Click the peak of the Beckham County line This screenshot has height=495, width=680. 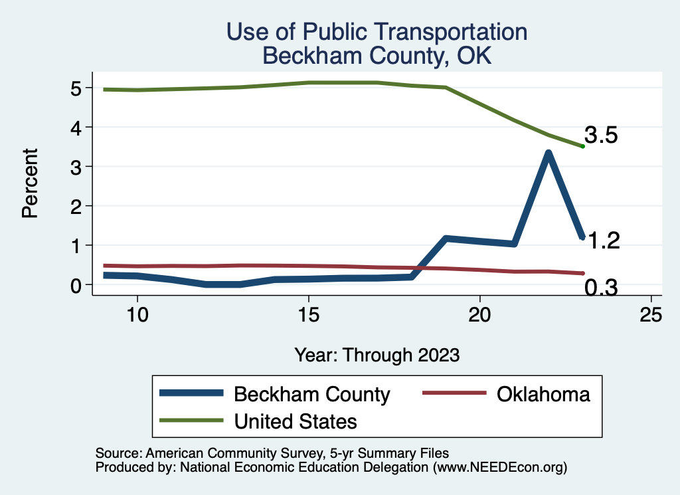click(548, 153)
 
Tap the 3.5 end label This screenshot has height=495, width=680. click(601, 136)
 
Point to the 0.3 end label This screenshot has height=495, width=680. click(601, 288)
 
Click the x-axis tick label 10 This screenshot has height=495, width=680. click(137, 314)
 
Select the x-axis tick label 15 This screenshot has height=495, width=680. click(308, 314)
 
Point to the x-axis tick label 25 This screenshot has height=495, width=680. click(651, 314)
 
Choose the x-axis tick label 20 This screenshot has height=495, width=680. click(479, 314)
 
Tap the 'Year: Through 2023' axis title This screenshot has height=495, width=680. click(377, 355)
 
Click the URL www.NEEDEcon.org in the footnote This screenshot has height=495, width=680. click(498, 467)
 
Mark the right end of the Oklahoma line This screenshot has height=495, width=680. click(582, 273)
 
